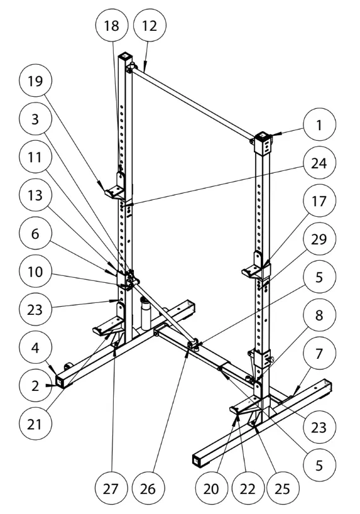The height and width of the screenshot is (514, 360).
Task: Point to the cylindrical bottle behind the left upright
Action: (145, 314)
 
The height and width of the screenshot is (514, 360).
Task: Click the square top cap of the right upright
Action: (263, 135)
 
